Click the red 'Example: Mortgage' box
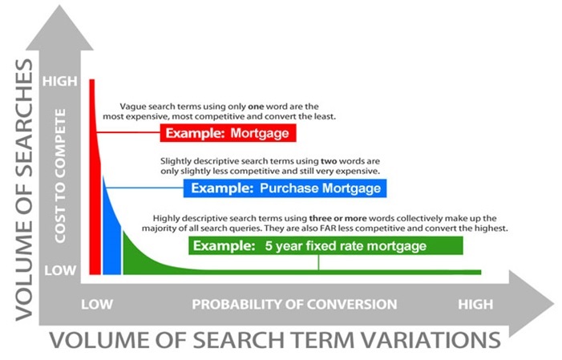click(x=228, y=133)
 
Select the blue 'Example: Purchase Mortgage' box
click(x=285, y=188)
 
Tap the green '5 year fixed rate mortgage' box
click(x=325, y=245)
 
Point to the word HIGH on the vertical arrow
click(x=60, y=81)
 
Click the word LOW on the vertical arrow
click(x=60, y=270)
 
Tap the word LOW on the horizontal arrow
click(x=97, y=305)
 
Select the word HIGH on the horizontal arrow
click(x=475, y=305)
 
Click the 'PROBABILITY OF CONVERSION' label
click(x=294, y=305)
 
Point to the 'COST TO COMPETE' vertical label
click(x=60, y=176)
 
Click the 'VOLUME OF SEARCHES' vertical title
click(x=24, y=190)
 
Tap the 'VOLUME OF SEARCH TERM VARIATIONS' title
click(x=275, y=340)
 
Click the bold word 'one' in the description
click(x=256, y=107)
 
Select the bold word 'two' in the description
click(x=329, y=161)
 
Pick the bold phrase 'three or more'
click(x=338, y=218)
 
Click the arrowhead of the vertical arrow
click(x=60, y=28)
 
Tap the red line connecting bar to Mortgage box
click(x=128, y=132)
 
